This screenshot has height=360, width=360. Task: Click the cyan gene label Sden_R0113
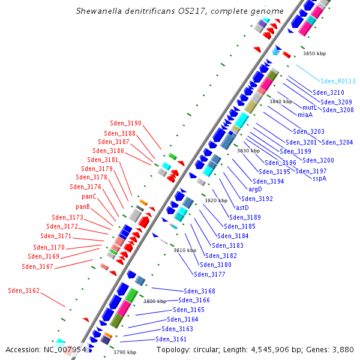(338, 81)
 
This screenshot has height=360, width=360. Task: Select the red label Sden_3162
(24, 290)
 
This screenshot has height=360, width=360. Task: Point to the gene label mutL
(310, 107)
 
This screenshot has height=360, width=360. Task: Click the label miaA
(305, 115)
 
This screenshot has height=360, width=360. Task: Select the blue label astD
(242, 208)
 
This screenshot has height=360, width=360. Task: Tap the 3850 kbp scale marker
(314, 54)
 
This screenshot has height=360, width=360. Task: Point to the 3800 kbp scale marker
(155, 301)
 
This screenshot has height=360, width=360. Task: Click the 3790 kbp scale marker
(125, 352)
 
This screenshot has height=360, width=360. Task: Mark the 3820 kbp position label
(216, 200)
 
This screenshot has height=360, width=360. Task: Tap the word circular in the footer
(202, 349)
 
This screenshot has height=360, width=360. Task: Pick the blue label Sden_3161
(172, 339)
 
